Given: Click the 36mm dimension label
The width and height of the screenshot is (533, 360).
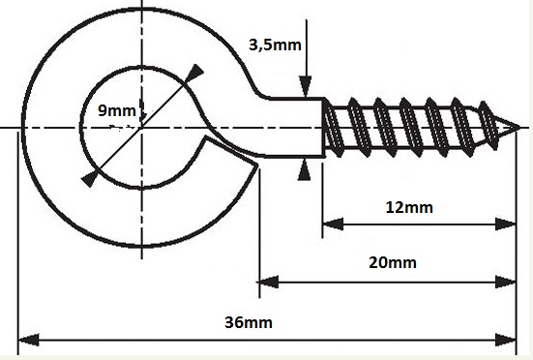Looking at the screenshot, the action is point(249,322).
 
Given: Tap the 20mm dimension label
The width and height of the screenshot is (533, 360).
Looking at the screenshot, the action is point(393,263).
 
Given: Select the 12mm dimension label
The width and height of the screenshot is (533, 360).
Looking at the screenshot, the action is point(409,207).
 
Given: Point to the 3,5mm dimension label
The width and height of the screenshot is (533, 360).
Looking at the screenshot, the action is point(275,45).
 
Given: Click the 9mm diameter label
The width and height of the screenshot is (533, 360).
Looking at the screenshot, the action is point(117,110).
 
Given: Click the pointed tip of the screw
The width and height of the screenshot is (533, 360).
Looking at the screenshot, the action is point(518,128).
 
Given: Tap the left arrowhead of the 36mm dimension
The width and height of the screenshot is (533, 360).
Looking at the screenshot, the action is point(28,340).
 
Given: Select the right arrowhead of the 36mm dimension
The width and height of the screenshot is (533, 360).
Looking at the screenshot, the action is point(506,340).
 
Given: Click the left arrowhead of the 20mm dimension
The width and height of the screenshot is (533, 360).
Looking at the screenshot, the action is point(269,282).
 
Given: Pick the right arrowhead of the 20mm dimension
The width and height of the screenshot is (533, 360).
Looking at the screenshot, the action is point(506,282).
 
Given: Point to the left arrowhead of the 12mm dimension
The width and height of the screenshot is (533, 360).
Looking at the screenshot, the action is point(333,224).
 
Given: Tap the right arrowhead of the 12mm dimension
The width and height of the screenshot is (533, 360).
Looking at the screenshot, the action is point(506,224).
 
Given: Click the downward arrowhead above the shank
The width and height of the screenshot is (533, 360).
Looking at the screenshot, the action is point(306,86).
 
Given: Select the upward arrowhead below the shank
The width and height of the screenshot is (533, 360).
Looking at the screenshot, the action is point(304,170).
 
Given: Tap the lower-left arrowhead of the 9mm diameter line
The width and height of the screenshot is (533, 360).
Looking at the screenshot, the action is point(90,178).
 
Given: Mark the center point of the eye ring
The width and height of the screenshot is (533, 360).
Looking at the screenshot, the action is point(141,128).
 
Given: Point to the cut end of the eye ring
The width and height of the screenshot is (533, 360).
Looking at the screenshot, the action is point(231,150).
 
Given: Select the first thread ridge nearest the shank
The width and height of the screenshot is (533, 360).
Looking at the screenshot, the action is point(333,128).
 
